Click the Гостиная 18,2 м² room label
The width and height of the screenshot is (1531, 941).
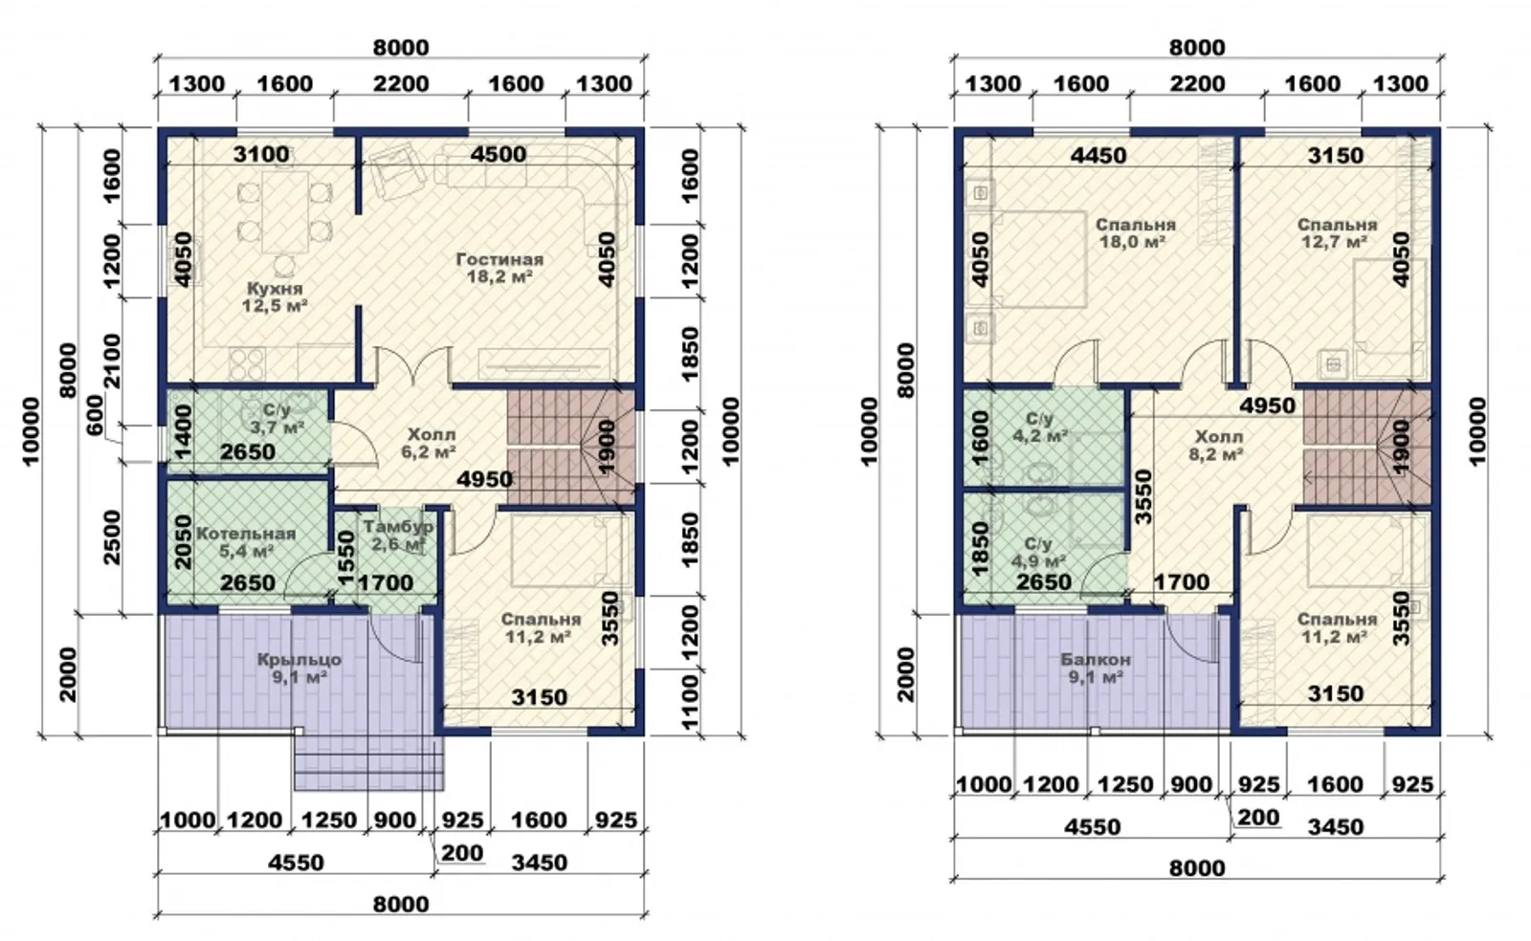pos(499,269)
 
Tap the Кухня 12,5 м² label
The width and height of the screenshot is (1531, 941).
pos(275,297)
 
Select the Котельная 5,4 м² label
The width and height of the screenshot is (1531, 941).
pos(246,542)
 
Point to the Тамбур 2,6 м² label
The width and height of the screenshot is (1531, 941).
pos(398,536)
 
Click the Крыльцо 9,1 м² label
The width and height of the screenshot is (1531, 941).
pos(300,668)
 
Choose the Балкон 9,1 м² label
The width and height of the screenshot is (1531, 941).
pos(1096,668)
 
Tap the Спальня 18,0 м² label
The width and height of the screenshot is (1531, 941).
pos(1135,233)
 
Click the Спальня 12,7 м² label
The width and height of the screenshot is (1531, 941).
pos(1337,233)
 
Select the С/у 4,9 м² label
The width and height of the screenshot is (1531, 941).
pos(1038,553)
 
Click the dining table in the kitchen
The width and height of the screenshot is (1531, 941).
pos(286,212)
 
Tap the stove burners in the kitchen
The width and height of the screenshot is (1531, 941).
pos(247,364)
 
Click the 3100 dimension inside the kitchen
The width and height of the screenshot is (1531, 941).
pos(261,155)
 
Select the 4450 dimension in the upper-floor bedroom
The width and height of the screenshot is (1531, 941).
pos(1098,156)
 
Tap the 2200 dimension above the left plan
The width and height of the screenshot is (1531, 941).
pos(401,84)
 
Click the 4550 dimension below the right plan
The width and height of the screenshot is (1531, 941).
pos(1092,827)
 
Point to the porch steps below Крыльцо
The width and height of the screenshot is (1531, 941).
pos(369,763)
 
